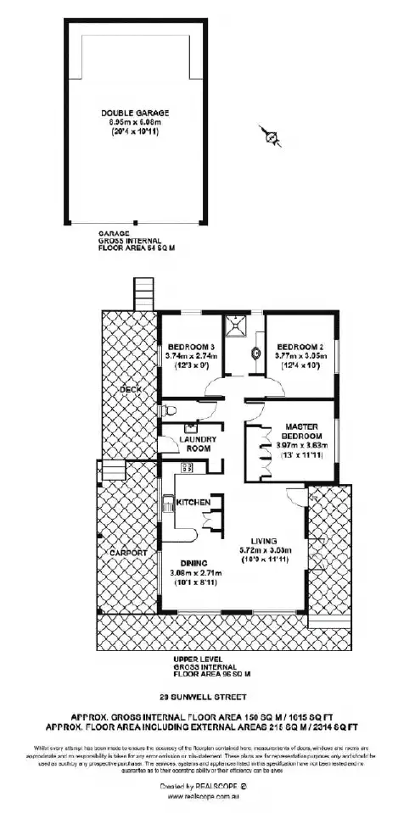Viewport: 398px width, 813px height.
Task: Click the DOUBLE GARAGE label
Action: click(x=135, y=113)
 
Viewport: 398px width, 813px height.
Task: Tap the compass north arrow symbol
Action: click(x=271, y=135)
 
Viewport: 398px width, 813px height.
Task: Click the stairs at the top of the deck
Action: click(x=141, y=296)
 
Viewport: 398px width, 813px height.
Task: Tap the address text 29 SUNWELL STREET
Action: click(x=198, y=699)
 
